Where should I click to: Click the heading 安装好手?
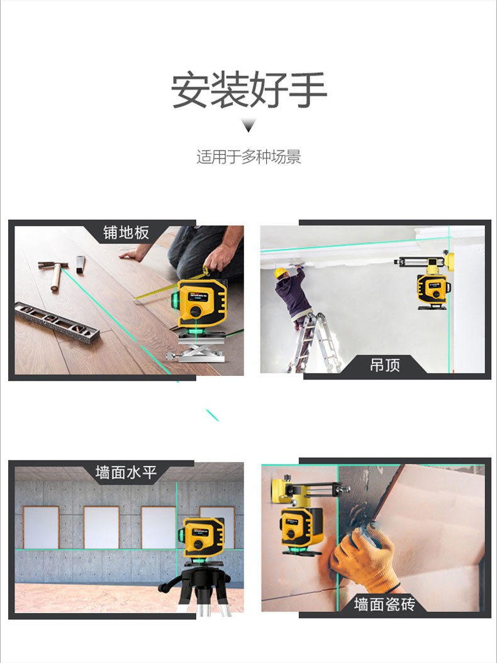(x=248, y=90)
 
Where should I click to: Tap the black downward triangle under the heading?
(x=248, y=125)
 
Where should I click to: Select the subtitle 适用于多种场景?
(x=248, y=157)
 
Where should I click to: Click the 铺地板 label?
(x=126, y=232)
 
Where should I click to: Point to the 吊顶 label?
(x=384, y=365)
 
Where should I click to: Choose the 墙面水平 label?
(x=126, y=472)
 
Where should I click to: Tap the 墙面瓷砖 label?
(x=384, y=604)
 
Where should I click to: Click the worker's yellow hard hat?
(x=280, y=273)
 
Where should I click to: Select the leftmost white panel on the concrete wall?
(x=41, y=527)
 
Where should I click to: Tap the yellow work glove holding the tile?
(x=365, y=557)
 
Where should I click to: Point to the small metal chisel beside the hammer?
(x=81, y=264)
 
